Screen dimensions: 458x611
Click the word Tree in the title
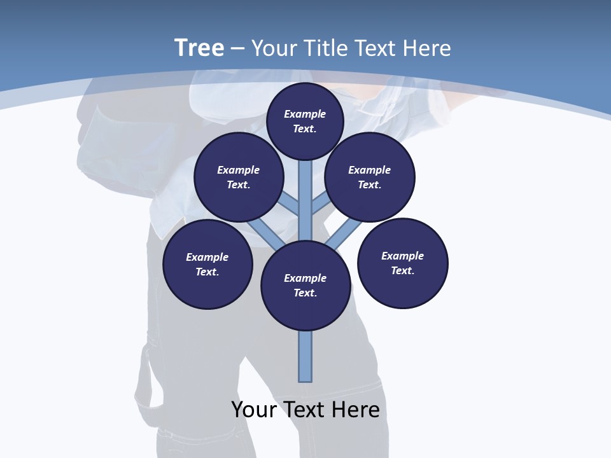[x=199, y=48]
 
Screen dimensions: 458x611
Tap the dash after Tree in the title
[x=237, y=49]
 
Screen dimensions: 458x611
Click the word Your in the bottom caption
[x=254, y=410]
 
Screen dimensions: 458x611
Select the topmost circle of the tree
[x=305, y=121]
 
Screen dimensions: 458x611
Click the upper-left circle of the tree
[x=239, y=177]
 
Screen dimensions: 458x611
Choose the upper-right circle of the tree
[x=370, y=177]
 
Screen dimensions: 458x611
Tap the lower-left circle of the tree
[x=207, y=264]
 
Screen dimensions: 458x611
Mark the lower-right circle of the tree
[x=403, y=263]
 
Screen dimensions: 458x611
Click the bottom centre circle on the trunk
[x=305, y=286]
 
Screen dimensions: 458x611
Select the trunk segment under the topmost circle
[x=305, y=191]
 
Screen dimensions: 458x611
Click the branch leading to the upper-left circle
[x=290, y=204]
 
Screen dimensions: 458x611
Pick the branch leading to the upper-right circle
[x=321, y=204]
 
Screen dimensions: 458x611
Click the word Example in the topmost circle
[x=305, y=114]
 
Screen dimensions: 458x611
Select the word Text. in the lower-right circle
[x=403, y=270]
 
